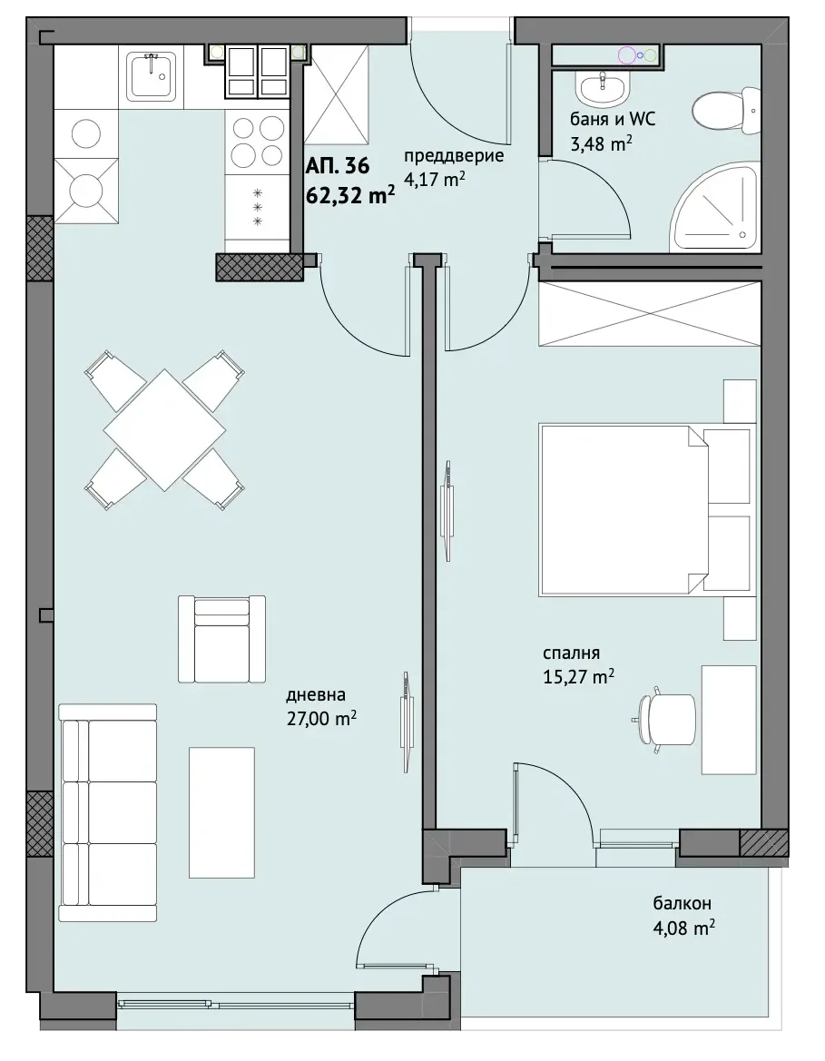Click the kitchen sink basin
(151, 74)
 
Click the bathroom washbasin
(604, 87)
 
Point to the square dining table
(164, 429)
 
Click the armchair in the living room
(222, 640)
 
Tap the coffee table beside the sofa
(222, 812)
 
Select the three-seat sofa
(108, 812)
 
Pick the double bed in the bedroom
(647, 509)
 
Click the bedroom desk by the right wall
(728, 720)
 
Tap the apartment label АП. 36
(338, 166)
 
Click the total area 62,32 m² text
(350, 195)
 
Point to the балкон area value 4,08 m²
(683, 927)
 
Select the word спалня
(571, 653)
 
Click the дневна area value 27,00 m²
(321, 718)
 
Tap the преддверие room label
(454, 155)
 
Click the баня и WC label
(614, 120)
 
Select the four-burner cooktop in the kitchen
(259, 140)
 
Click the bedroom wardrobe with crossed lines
(649, 314)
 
